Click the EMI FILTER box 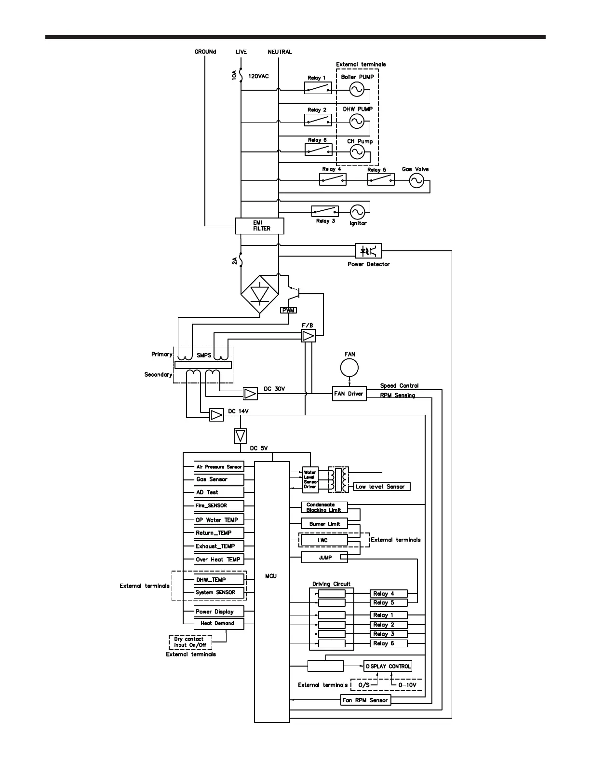pyautogui.click(x=259, y=226)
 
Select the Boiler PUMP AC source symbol pyautogui.click(x=357, y=89)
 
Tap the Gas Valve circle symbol pyautogui.click(x=416, y=180)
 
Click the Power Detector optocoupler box pyautogui.click(x=368, y=251)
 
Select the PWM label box pyautogui.click(x=288, y=310)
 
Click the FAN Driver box pyautogui.click(x=349, y=394)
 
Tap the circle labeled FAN pyautogui.click(x=349, y=368)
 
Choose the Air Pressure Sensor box pyautogui.click(x=219, y=467)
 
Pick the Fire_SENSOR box pyautogui.click(x=219, y=505)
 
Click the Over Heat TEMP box pyautogui.click(x=219, y=559)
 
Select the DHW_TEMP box pyautogui.click(x=219, y=580)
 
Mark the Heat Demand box pyautogui.click(x=219, y=623)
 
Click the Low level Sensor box pyautogui.click(x=382, y=487)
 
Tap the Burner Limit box pyautogui.click(x=324, y=524)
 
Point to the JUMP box pyautogui.click(x=324, y=558)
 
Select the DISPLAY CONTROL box pyautogui.click(x=388, y=666)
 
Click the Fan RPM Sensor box pyautogui.click(x=365, y=700)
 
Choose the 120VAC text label pyautogui.click(x=258, y=76)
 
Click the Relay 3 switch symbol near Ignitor pyautogui.click(x=325, y=211)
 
